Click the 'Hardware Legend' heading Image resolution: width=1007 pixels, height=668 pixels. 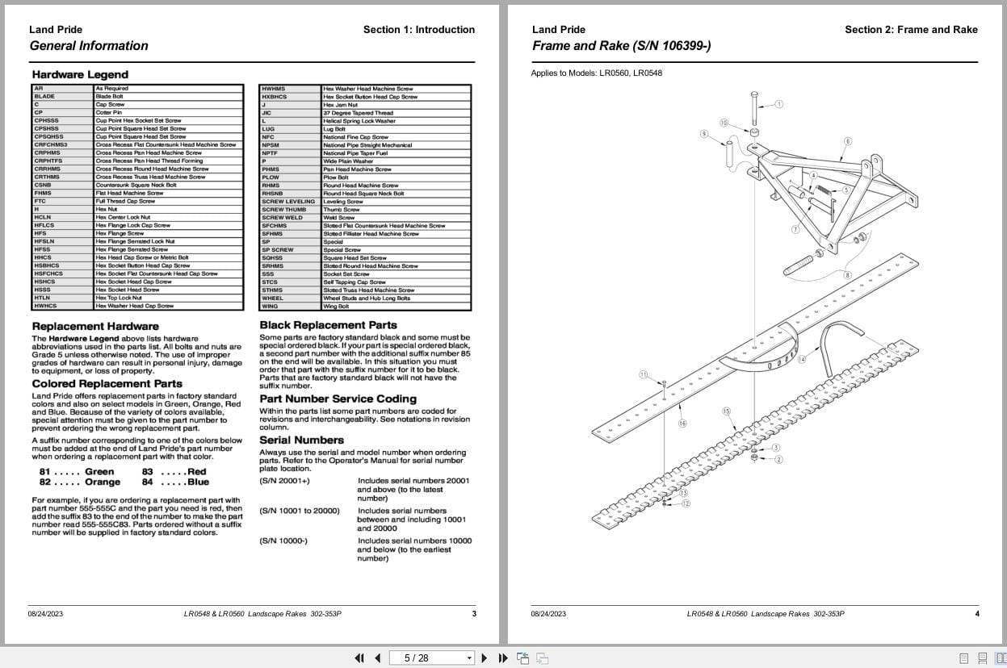point(80,74)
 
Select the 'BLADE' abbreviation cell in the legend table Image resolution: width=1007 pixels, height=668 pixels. point(45,96)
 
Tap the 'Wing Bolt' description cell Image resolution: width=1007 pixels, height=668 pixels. point(336,307)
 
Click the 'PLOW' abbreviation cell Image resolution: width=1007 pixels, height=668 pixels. point(271,177)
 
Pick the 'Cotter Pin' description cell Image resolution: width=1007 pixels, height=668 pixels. point(108,112)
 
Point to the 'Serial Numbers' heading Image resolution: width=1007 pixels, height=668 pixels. point(301,440)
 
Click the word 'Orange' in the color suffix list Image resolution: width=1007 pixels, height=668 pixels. point(103,482)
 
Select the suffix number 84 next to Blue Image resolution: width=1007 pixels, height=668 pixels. point(147,482)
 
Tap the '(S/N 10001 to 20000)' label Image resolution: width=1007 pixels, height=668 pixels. point(300,511)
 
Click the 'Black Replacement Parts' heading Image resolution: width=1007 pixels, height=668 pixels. point(328,325)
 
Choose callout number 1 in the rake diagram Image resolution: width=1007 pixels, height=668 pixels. point(778,104)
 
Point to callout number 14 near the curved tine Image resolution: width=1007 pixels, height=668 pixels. point(801,359)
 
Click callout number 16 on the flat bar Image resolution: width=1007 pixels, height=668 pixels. point(682,423)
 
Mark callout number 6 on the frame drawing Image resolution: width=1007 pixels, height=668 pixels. point(847,141)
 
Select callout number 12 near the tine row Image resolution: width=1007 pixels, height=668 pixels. point(686,503)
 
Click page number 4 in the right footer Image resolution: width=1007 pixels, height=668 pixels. point(976,614)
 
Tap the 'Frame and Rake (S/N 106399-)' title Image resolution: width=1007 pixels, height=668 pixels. point(621,46)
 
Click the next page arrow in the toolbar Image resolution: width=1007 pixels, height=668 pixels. point(485,658)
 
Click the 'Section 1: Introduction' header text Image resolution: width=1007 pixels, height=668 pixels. point(418,30)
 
